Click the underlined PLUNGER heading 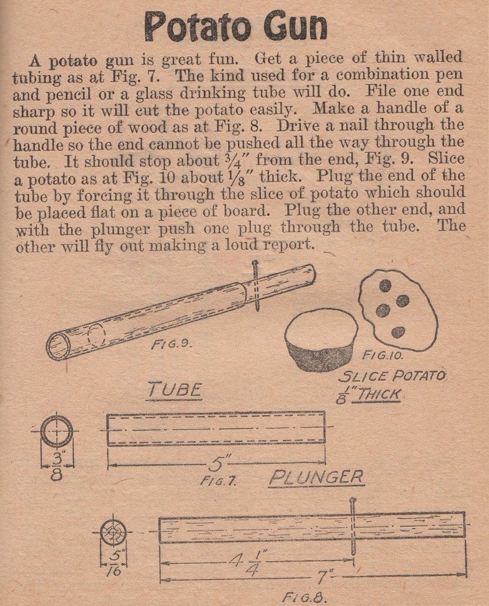tap(316, 477)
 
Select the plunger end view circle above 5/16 tap(112, 531)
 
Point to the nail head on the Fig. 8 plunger tap(352, 501)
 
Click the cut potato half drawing tap(321, 340)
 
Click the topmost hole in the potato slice tap(385, 285)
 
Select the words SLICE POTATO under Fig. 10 tap(387, 376)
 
